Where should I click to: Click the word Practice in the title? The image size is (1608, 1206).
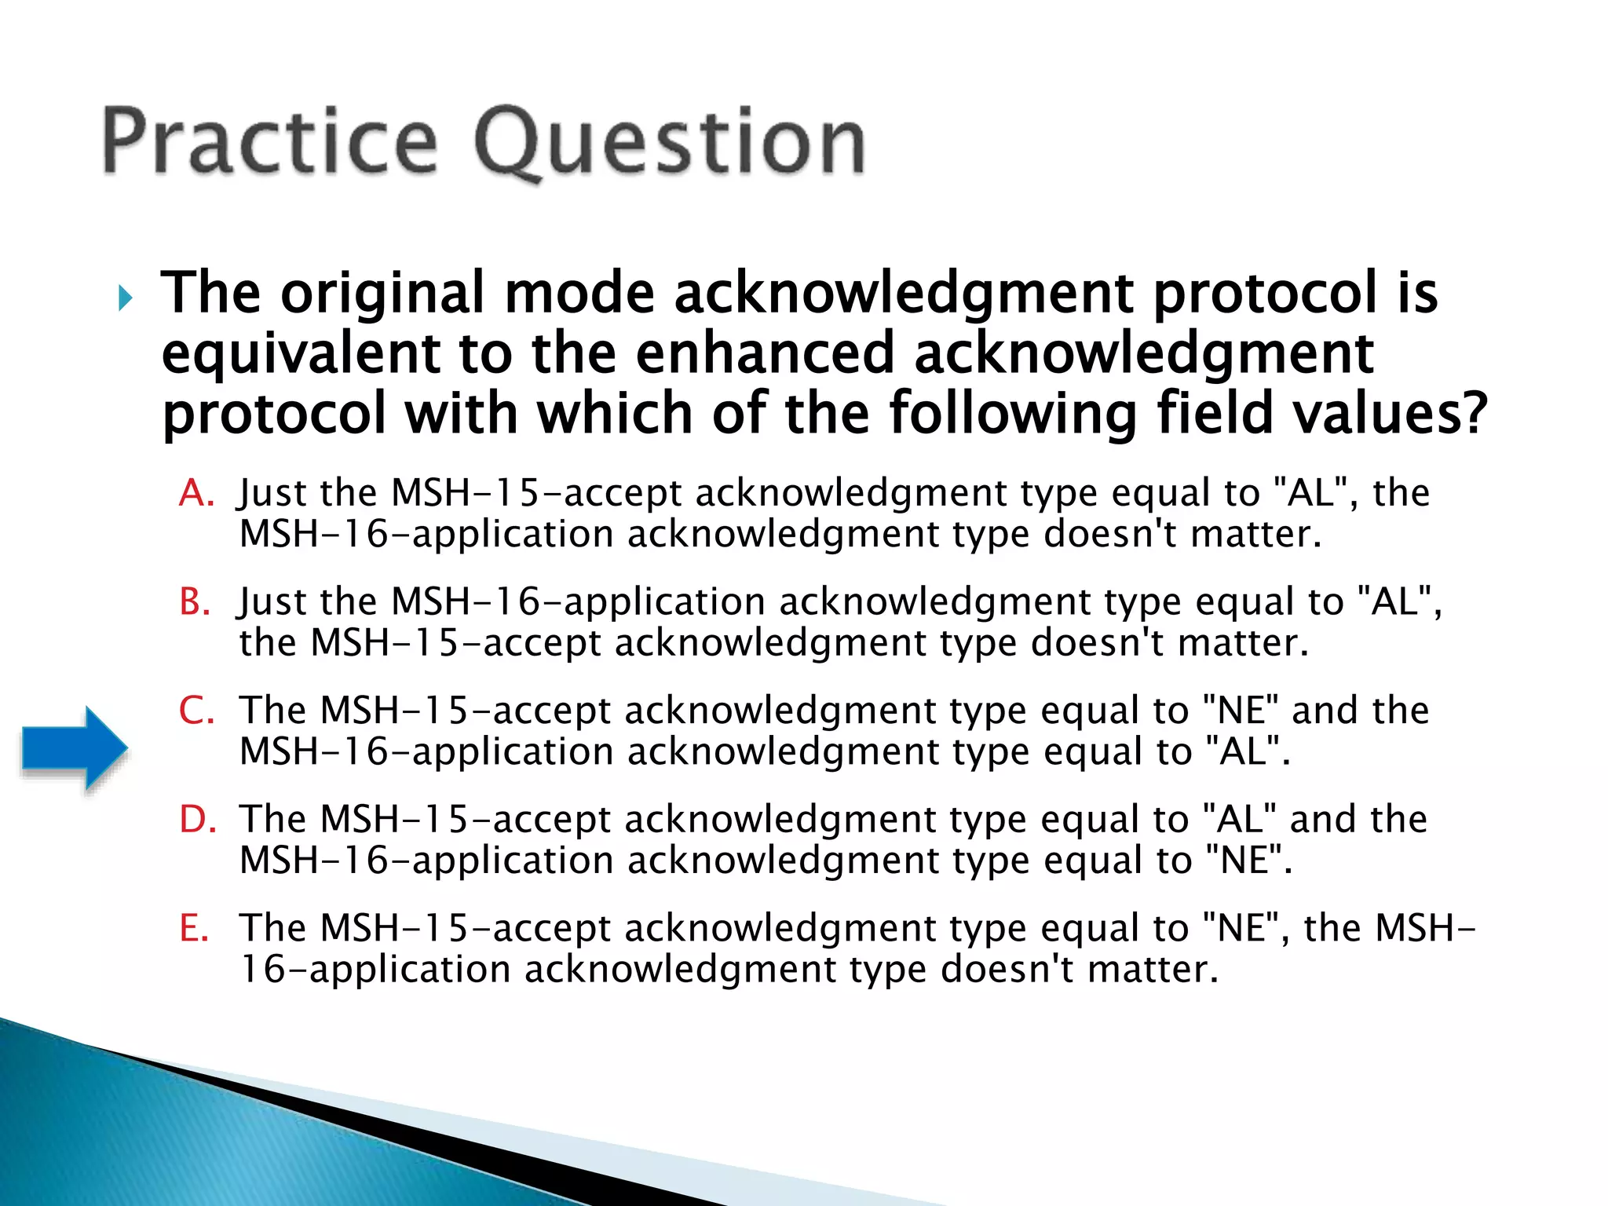[x=269, y=141]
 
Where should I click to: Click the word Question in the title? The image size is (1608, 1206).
[x=670, y=144]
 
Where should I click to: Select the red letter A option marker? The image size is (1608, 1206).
[x=196, y=494]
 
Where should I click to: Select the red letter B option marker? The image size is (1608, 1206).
[x=195, y=602]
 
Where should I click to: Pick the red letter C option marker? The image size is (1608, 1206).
[x=196, y=711]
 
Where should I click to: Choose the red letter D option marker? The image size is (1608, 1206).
[x=196, y=820]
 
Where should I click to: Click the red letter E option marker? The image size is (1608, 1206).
[x=193, y=928]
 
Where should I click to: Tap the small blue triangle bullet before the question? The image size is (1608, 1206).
[x=125, y=298]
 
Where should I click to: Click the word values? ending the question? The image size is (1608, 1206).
[x=1390, y=414]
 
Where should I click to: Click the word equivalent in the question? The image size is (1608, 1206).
[x=301, y=353]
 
